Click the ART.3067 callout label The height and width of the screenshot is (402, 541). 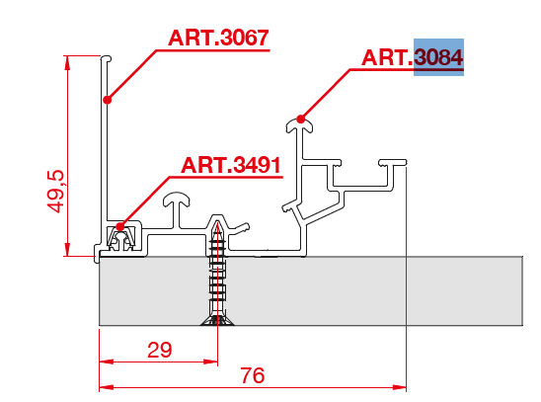click(218, 38)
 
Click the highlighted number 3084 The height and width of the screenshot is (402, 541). click(438, 57)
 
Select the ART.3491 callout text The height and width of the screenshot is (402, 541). click(231, 165)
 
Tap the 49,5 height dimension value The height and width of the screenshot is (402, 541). click(55, 192)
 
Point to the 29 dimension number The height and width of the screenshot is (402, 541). click(159, 350)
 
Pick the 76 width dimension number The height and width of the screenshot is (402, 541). click(253, 375)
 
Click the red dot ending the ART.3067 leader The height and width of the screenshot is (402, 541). click(108, 100)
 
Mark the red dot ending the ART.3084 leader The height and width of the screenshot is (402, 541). click(301, 120)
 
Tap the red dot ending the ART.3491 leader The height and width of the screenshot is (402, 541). click(119, 227)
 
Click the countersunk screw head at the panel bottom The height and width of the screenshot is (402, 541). click(217, 320)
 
